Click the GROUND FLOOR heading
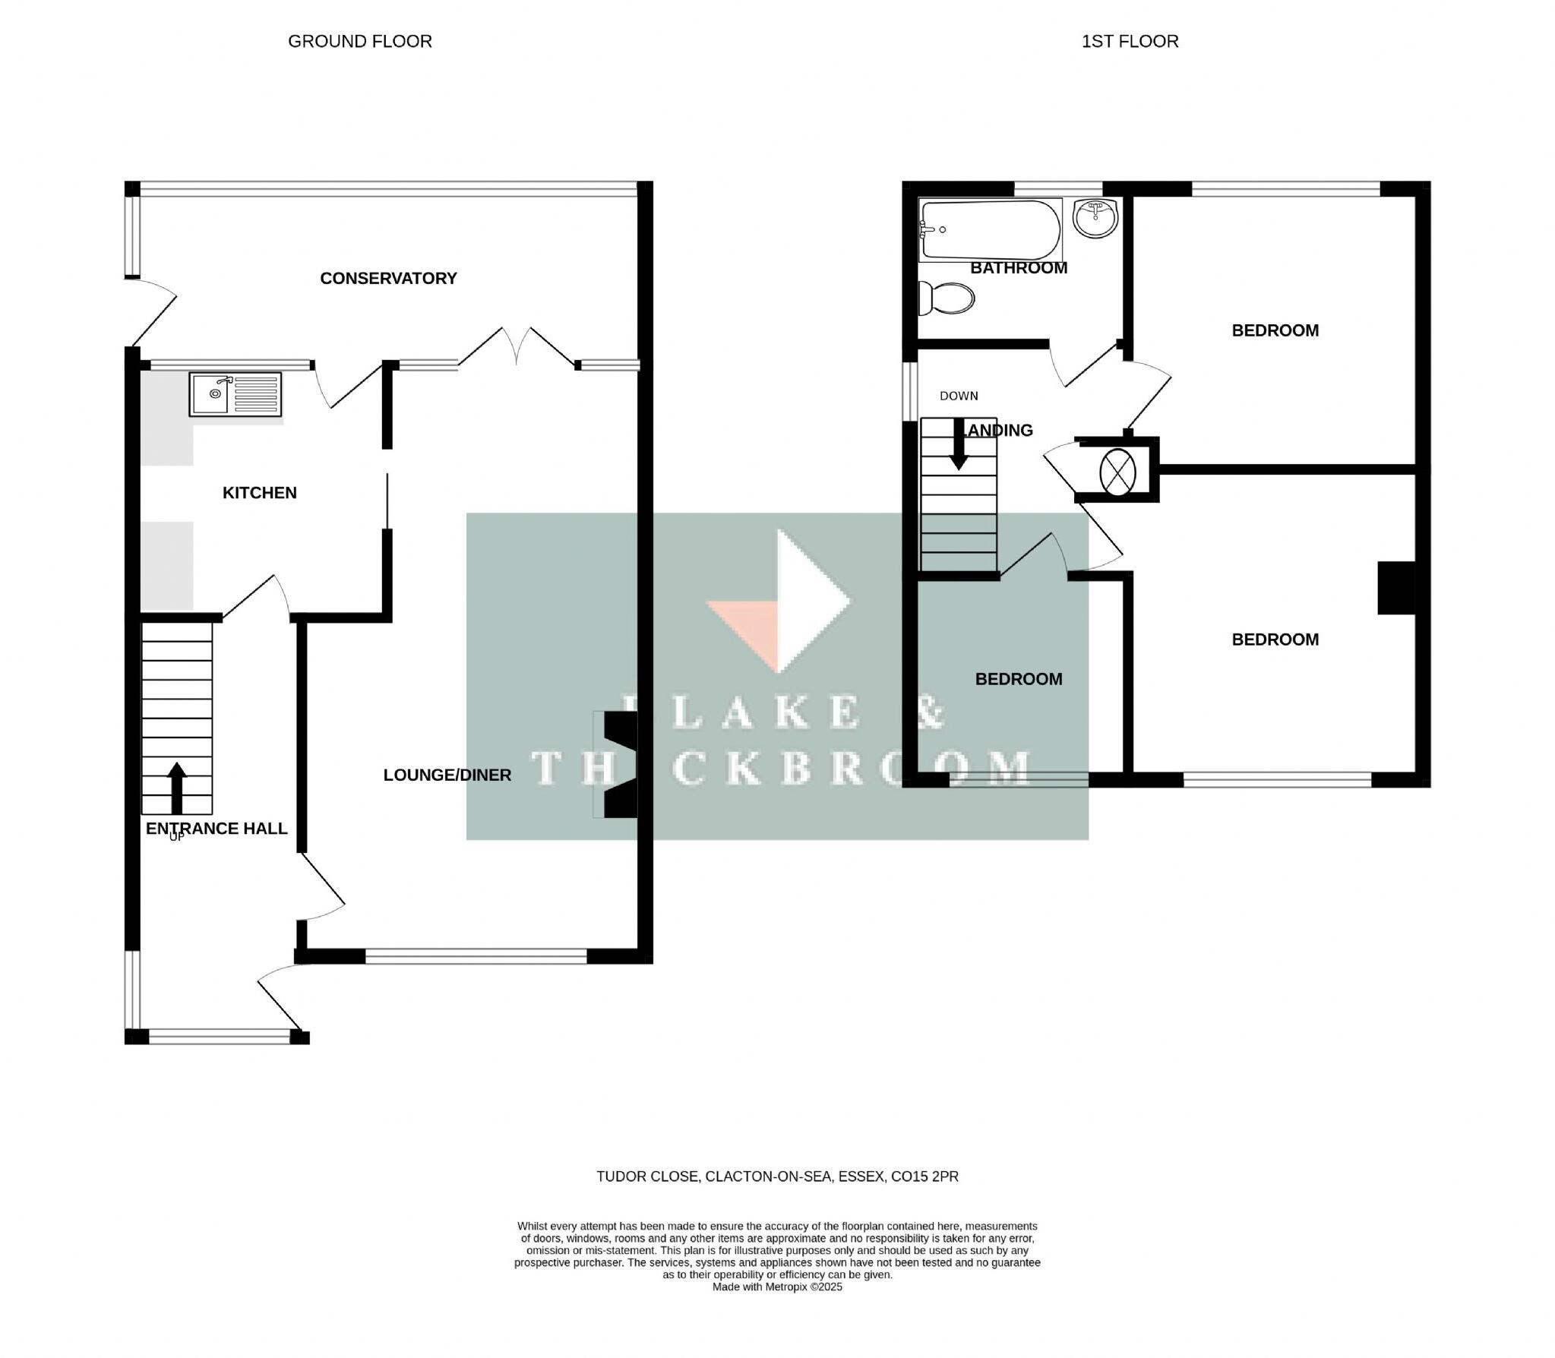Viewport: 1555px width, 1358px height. tap(359, 42)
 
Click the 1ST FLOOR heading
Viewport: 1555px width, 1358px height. tap(1130, 42)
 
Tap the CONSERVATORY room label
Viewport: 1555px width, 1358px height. tap(388, 279)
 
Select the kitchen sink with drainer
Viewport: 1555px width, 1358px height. tap(235, 394)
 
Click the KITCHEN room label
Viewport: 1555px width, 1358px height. tap(259, 493)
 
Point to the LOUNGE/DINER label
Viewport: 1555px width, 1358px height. tap(447, 775)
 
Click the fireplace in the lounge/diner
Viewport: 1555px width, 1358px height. tap(617, 765)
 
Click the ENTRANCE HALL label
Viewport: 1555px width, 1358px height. tap(216, 829)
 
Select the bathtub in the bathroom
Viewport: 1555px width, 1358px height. tap(989, 229)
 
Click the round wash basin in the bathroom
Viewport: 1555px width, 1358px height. tap(1095, 217)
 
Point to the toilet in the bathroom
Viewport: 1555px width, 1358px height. tap(946, 298)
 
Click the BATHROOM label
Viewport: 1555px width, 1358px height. tap(1019, 268)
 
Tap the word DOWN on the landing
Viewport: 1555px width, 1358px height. tap(959, 396)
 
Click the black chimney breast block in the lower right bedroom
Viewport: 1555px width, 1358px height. tap(1396, 587)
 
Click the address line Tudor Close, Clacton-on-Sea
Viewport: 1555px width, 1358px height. tap(777, 1176)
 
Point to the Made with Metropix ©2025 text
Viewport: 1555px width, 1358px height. tap(777, 1287)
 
